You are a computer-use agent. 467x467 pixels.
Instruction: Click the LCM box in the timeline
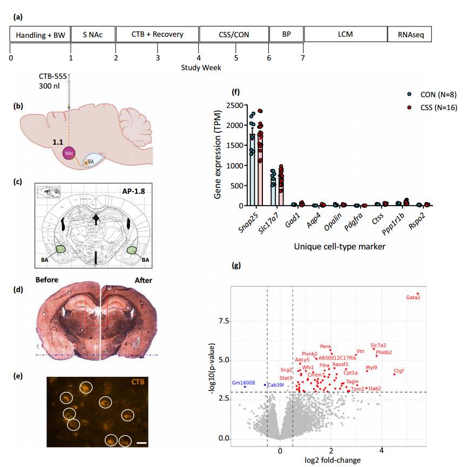[x=346, y=35]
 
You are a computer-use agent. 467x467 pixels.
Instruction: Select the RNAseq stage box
[x=410, y=35]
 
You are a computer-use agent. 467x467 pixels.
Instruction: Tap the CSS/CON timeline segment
[x=234, y=35]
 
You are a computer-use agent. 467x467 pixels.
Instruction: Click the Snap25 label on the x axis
[x=247, y=222]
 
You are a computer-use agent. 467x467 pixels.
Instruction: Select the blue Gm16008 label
[x=243, y=382]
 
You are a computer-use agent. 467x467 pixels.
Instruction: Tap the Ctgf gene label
[x=398, y=371]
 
